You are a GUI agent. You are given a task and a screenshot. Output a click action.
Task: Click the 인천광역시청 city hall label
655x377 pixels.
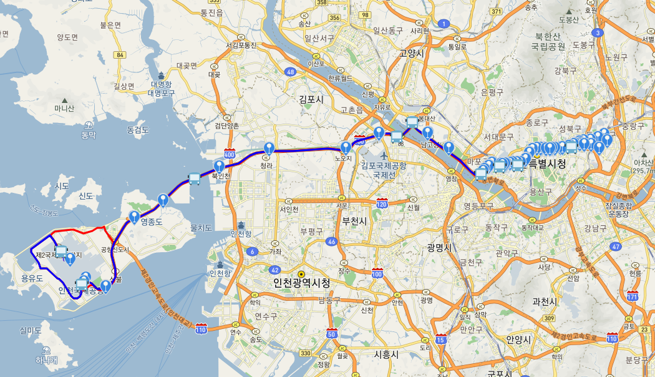pyautogui.click(x=301, y=283)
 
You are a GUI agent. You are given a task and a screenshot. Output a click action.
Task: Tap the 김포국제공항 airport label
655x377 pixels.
pyautogui.click(x=384, y=166)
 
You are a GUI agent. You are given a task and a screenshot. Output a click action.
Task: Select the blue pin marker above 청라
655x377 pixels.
pyautogui.click(x=269, y=148)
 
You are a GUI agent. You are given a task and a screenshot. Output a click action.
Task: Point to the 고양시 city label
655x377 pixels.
pyautogui.click(x=412, y=54)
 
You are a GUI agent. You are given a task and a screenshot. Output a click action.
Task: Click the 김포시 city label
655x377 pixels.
pyautogui.click(x=311, y=99)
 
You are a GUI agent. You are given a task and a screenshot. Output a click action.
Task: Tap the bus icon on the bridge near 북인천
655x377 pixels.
pyautogui.click(x=194, y=179)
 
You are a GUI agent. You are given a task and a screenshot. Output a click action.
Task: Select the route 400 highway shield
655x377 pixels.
pyautogui.click(x=229, y=154)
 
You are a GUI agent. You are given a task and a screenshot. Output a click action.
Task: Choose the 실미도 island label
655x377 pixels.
pyautogui.click(x=30, y=330)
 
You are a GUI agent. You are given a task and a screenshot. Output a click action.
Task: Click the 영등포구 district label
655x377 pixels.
pyautogui.click(x=479, y=205)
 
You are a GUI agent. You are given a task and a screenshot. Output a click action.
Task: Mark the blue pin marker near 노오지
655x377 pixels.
pyautogui.click(x=346, y=147)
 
